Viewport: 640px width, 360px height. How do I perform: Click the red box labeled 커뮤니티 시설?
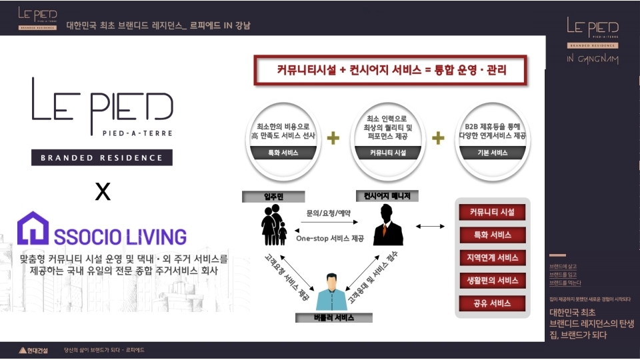point(492,213)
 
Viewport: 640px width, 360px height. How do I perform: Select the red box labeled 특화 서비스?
point(492,235)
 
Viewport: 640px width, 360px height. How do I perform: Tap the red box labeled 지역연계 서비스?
point(492,258)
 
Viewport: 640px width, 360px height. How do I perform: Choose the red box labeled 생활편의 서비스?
point(492,281)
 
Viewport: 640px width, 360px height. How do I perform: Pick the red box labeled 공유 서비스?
point(492,303)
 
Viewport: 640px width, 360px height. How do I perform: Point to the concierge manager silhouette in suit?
point(388,225)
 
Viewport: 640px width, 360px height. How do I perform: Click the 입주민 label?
point(273,196)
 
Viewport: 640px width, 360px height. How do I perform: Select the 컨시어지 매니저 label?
point(387,196)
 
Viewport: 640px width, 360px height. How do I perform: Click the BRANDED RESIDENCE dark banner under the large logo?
point(101,158)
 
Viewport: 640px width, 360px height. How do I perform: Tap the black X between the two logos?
point(102,193)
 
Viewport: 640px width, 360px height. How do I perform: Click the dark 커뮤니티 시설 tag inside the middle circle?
point(387,153)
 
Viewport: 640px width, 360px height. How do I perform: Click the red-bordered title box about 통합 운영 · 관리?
point(390,70)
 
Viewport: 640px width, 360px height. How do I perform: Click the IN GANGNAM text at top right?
point(592,59)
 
